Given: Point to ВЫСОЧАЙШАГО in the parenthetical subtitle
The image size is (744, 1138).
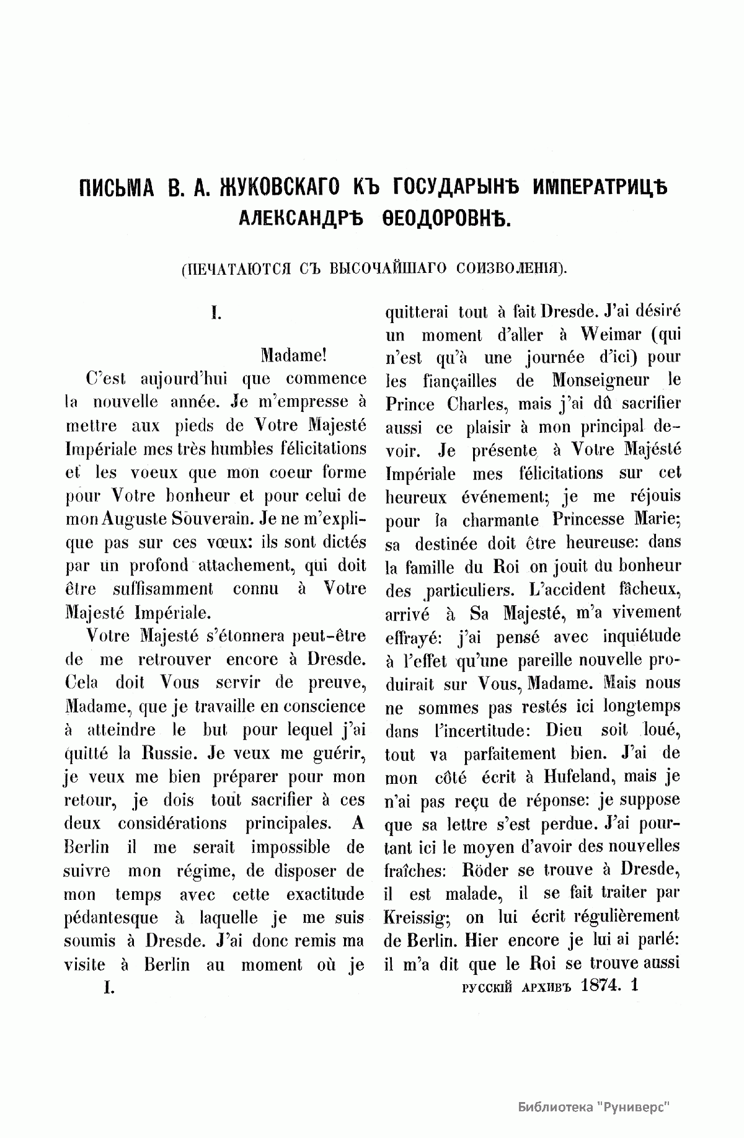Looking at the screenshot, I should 389,268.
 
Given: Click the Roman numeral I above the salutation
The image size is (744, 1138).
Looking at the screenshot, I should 215,314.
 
